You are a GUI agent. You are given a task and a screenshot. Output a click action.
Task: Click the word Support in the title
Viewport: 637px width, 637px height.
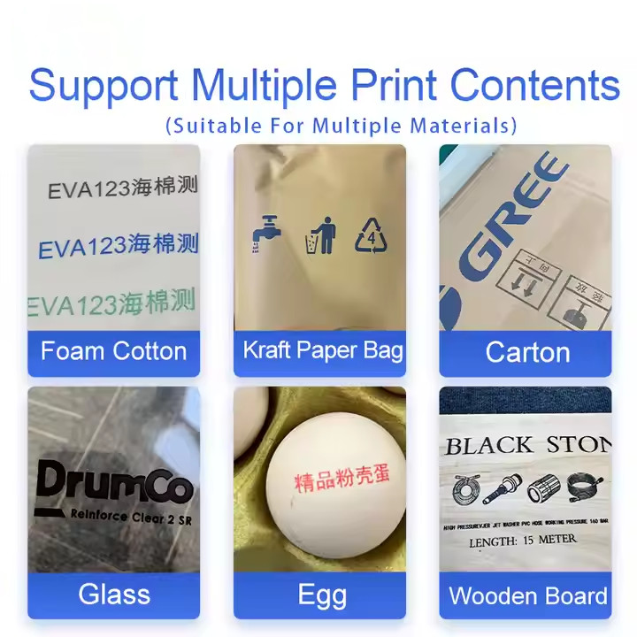(x=104, y=86)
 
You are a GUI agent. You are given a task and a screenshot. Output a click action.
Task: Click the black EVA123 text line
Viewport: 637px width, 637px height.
(x=122, y=188)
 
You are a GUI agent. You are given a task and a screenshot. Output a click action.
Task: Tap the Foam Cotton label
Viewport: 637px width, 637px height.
(x=113, y=351)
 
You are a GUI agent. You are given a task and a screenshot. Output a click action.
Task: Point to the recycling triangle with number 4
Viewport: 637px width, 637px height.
(x=372, y=235)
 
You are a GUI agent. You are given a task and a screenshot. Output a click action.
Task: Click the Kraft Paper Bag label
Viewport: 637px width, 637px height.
(x=323, y=350)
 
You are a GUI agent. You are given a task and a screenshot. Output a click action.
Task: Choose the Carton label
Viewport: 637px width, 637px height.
(x=527, y=352)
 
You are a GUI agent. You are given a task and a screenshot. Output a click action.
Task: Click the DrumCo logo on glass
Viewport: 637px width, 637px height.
(x=113, y=483)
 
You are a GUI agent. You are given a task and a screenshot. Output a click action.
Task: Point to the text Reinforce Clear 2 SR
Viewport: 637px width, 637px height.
(x=130, y=517)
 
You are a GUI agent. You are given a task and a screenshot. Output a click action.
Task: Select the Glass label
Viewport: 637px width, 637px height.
(x=114, y=594)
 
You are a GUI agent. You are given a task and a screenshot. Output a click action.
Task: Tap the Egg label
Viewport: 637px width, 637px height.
(x=321, y=595)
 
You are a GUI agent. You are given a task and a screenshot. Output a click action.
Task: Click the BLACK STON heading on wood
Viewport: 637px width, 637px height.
(x=527, y=444)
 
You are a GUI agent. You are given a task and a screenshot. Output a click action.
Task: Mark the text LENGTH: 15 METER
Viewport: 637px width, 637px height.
(x=523, y=539)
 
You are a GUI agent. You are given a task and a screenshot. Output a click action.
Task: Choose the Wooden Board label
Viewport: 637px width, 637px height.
(x=528, y=595)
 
